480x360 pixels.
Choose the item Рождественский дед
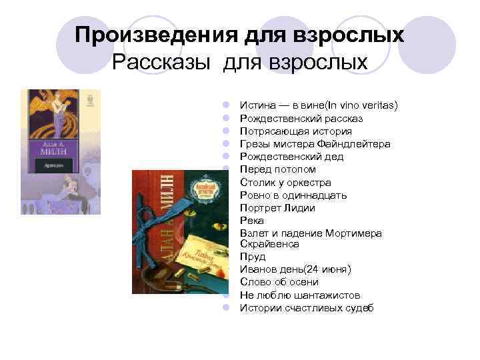tap(292, 156)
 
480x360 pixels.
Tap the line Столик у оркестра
tap(285, 182)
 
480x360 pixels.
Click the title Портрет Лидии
tap(277, 207)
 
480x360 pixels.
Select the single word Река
tap(252, 220)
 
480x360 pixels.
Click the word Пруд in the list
tap(253, 257)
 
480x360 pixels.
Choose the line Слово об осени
tap(279, 282)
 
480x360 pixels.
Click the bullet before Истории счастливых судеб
tap(226, 307)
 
